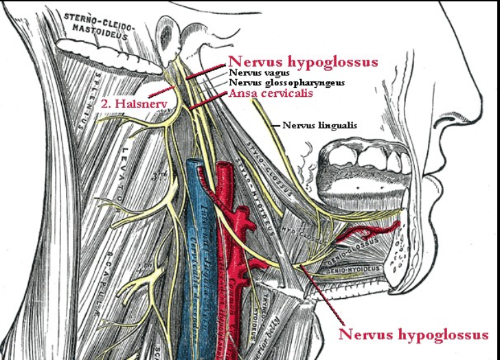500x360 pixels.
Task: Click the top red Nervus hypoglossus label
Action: [303, 63]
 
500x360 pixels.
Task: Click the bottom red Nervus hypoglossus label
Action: [413, 335]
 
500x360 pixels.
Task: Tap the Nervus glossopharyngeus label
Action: [286, 82]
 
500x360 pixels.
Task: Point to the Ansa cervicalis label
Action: [271, 93]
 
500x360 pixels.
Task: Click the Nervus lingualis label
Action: [319, 125]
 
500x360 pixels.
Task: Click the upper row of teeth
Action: [367, 160]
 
